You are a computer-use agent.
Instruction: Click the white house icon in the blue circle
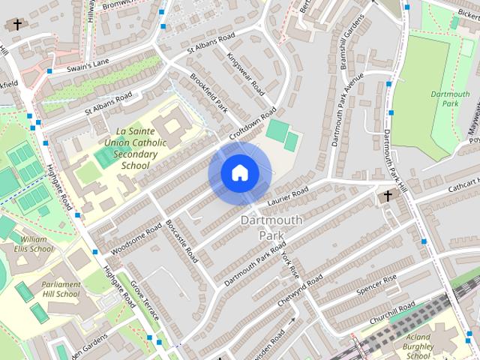(239, 173)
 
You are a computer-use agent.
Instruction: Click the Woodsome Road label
(136, 238)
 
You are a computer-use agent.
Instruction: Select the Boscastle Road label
(181, 239)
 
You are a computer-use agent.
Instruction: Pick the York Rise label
(290, 262)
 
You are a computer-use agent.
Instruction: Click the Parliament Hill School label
(61, 289)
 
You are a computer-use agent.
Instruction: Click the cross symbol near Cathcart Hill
(388, 197)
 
